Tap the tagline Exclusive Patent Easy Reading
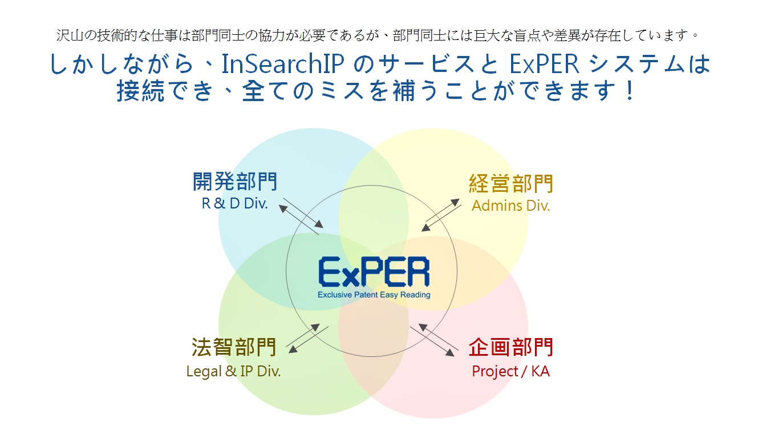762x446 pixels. point(374,295)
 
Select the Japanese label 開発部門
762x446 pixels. point(235,181)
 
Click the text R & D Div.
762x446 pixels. point(235,203)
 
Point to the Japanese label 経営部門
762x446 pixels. point(511,184)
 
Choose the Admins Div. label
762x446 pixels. point(510,206)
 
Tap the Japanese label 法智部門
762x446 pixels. point(234,347)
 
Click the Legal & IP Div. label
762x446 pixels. point(234,371)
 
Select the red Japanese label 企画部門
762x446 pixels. point(511,347)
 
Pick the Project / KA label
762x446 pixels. point(510,371)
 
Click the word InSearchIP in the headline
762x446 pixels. point(283,64)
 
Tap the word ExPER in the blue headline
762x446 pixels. point(544,64)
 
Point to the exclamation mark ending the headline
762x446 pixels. point(630,91)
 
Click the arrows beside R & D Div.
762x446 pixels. point(301,216)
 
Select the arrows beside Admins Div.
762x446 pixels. point(441,215)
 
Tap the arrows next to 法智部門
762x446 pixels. point(308,338)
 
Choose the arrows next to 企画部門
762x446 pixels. point(435,340)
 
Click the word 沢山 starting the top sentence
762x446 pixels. point(70,35)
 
